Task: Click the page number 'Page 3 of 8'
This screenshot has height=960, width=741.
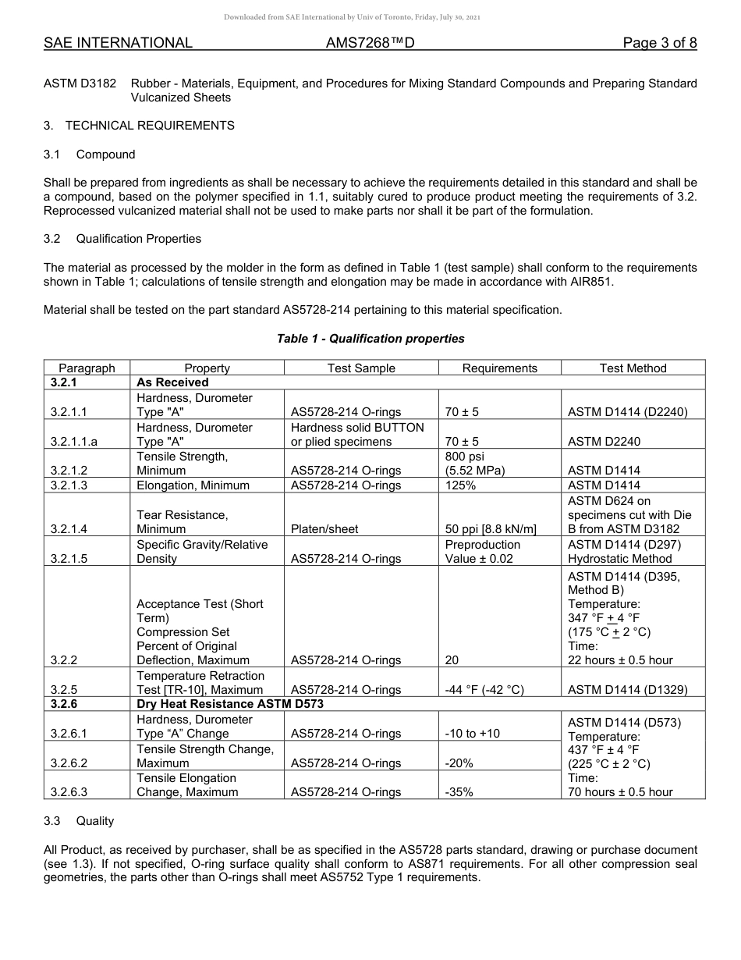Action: click(659, 43)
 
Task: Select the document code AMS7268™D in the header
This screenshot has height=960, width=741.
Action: click(370, 43)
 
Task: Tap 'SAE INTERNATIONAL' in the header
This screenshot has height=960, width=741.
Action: click(118, 43)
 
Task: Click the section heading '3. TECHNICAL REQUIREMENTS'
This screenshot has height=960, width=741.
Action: click(139, 126)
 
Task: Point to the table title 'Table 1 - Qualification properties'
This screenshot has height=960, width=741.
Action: click(370, 339)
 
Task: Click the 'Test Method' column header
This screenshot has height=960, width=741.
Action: click(633, 368)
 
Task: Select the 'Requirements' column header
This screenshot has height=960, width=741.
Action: click(499, 368)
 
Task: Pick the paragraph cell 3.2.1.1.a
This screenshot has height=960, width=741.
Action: click(80, 442)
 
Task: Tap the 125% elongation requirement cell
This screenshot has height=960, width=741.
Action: click(460, 485)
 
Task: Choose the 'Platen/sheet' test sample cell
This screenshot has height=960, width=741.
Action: click(324, 529)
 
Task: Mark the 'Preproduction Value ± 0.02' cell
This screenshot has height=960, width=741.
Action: click(483, 552)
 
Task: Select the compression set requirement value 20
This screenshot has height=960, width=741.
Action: click(452, 660)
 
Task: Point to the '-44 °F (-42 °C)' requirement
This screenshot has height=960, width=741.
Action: click(484, 690)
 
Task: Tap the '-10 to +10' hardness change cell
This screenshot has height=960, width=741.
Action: click(472, 734)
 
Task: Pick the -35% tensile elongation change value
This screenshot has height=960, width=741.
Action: click(459, 792)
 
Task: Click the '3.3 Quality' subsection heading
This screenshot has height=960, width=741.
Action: click(79, 821)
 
